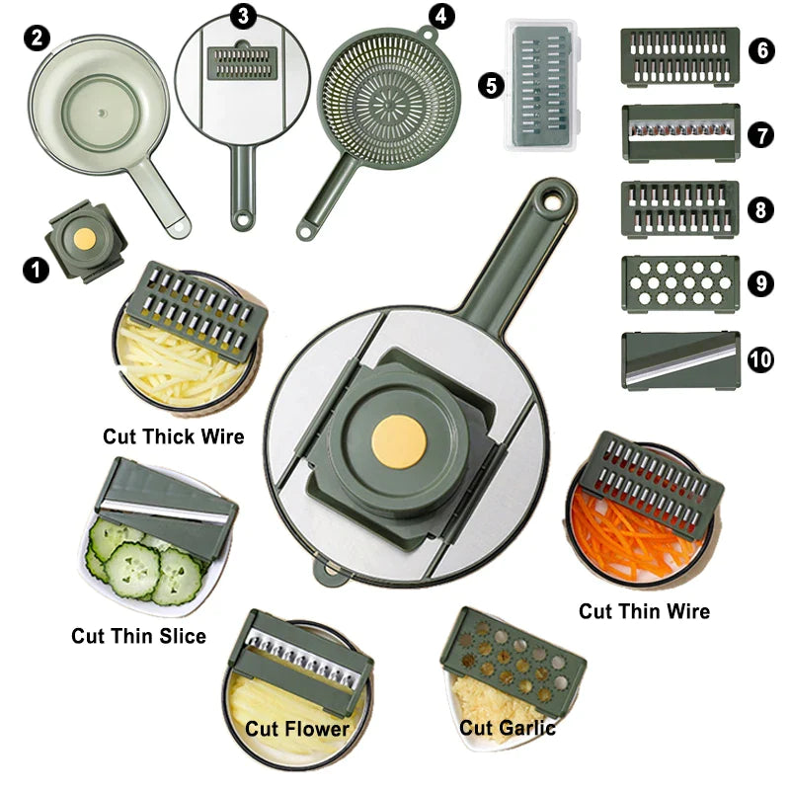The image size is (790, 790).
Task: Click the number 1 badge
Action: pos(36,270)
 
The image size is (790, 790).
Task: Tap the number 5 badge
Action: pos(491,85)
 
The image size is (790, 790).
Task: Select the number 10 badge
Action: pos(760,359)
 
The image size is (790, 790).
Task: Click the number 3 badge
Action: pos(243,16)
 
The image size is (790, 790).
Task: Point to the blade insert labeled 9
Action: pos(680,283)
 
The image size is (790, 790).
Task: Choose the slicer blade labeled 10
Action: pos(680,359)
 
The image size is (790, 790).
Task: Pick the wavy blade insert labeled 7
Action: pos(680,132)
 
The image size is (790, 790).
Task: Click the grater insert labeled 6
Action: pos(680,57)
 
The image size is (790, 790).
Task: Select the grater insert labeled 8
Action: pos(680,209)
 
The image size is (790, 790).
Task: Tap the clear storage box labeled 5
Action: pos(542,84)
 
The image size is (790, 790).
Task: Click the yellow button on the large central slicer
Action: pos(399,441)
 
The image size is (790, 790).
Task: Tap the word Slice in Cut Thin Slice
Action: pos(182,636)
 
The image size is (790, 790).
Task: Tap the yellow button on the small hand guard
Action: pos(84,238)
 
